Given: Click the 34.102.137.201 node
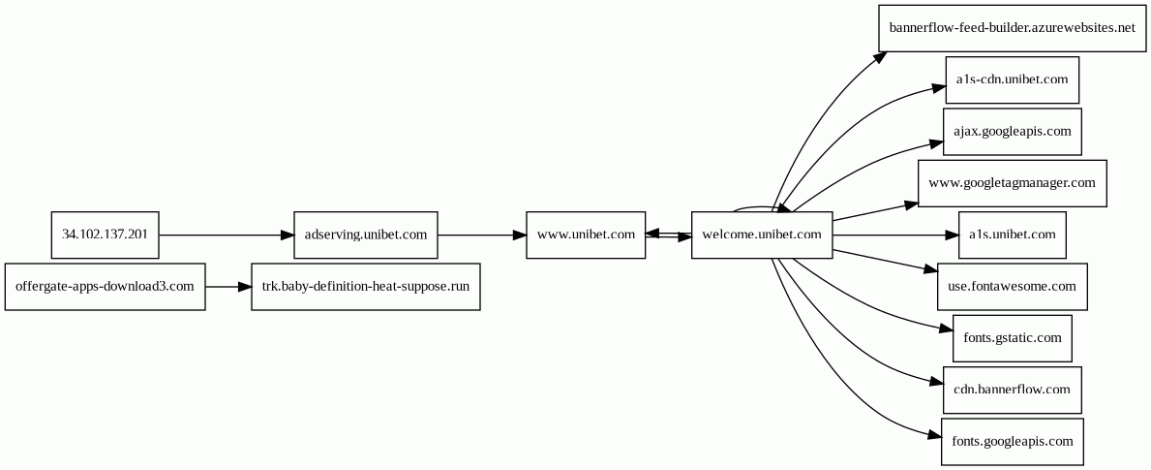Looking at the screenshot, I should pyautogui.click(x=105, y=235).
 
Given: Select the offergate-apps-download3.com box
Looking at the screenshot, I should pyautogui.click(x=105, y=287).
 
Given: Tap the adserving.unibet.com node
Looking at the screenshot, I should pyautogui.click(x=365, y=235).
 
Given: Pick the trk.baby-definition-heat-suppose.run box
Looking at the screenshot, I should pyautogui.click(x=365, y=287).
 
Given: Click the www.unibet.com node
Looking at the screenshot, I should pyautogui.click(x=586, y=235).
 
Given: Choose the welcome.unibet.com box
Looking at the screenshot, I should pyautogui.click(x=762, y=235).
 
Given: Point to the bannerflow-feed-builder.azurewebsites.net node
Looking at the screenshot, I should pyautogui.click(x=1011, y=27).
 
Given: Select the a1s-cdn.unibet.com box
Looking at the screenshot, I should pyautogui.click(x=1012, y=79).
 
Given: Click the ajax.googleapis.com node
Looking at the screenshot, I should pyautogui.click(x=1012, y=131).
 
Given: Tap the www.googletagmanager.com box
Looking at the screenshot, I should pyautogui.click(x=1012, y=183).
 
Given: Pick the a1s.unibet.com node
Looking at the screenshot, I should pyautogui.click(x=1012, y=235).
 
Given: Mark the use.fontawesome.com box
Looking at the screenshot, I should pyautogui.click(x=1012, y=287).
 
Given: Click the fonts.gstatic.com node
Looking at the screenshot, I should pyautogui.click(x=1012, y=338).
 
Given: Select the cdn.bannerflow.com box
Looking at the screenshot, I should pyautogui.click(x=1012, y=390).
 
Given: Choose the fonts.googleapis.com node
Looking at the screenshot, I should pyautogui.click(x=1012, y=442).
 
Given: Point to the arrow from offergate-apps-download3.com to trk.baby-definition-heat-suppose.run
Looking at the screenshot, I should pyautogui.click(x=227, y=287).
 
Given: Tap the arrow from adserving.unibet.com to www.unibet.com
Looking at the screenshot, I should pyautogui.click(x=481, y=235).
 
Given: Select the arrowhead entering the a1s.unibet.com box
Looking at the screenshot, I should pyautogui.click(x=951, y=235).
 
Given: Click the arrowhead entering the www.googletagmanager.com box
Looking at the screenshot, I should pyautogui.click(x=911, y=204).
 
